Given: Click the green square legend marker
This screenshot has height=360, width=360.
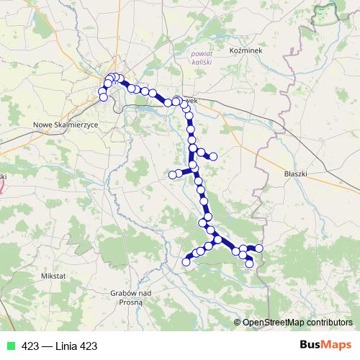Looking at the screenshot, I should pyautogui.click(x=11, y=346).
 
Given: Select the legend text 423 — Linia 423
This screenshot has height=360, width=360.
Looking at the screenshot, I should pyautogui.click(x=59, y=346).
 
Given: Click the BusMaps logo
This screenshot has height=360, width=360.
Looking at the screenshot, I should pyautogui.click(x=325, y=346).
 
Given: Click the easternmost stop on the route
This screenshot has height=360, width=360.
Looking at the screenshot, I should pyautogui.click(x=259, y=248).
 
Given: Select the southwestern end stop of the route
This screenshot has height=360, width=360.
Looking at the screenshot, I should pyautogui.click(x=186, y=261).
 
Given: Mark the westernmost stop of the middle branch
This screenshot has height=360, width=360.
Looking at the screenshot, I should pyautogui.click(x=172, y=174).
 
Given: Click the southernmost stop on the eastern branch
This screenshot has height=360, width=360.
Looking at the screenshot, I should pyautogui.click(x=249, y=264).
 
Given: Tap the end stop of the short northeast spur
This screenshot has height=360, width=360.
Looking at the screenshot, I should pyautogui.click(x=213, y=156).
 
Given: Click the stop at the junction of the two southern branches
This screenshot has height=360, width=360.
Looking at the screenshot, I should pyautogui.click(x=217, y=239).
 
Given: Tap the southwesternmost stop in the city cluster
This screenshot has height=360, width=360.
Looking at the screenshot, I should pyautogui.click(x=103, y=97).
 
